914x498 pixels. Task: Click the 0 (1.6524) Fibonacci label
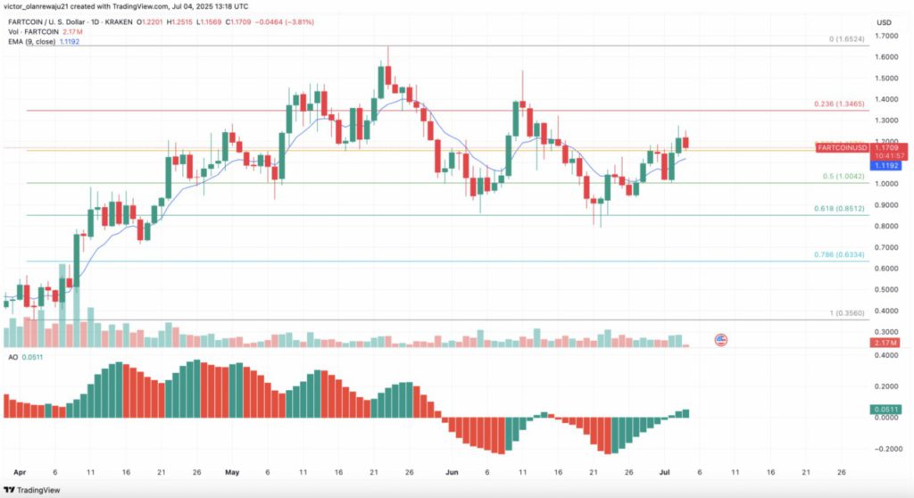(845, 39)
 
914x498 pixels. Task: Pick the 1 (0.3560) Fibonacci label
(846, 312)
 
